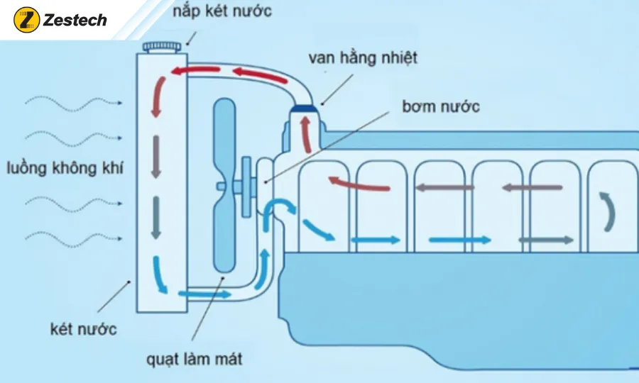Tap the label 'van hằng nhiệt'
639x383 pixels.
click(364, 59)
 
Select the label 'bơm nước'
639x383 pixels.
click(440, 108)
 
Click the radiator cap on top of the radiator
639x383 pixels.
click(163, 47)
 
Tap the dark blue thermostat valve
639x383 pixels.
click(305, 109)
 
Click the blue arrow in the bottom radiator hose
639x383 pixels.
click(203, 293)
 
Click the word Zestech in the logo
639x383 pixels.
click(75, 21)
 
